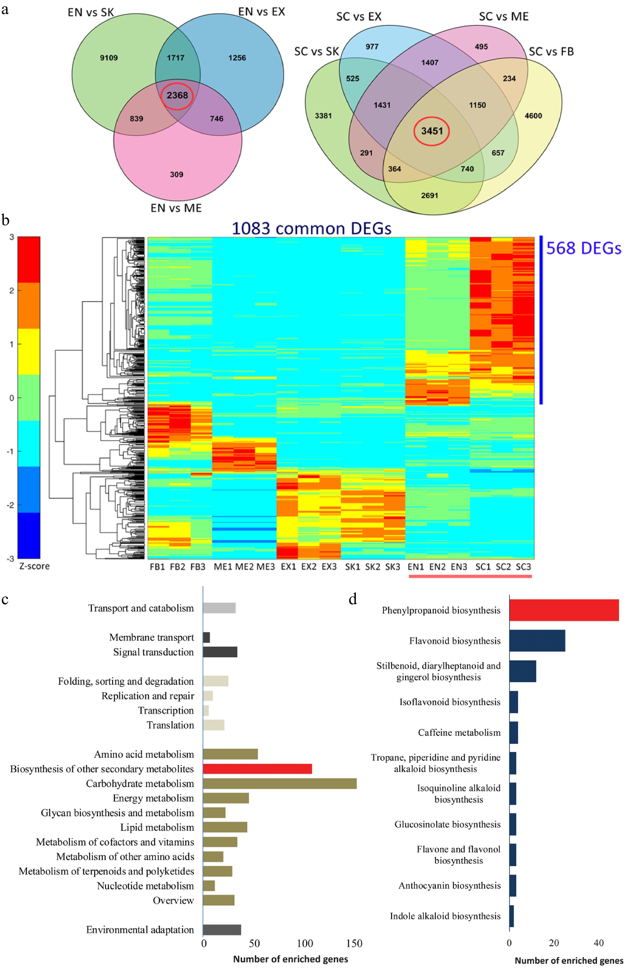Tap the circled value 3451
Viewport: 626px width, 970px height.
pyautogui.click(x=432, y=131)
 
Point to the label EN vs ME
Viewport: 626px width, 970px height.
pyautogui.click(x=176, y=208)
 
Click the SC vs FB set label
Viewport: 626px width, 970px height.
pyautogui.click(x=551, y=52)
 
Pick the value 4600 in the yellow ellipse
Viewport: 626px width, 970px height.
pyautogui.click(x=533, y=116)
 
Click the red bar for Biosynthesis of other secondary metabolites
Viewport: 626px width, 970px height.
pyautogui.click(x=257, y=769)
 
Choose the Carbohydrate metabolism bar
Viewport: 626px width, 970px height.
pyautogui.click(x=280, y=784)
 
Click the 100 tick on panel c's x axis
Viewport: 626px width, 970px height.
pyautogui.click(x=305, y=944)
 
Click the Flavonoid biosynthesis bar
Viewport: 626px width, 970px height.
pyautogui.click(x=537, y=641)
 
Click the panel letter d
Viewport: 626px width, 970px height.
pyautogui.click(x=353, y=599)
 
